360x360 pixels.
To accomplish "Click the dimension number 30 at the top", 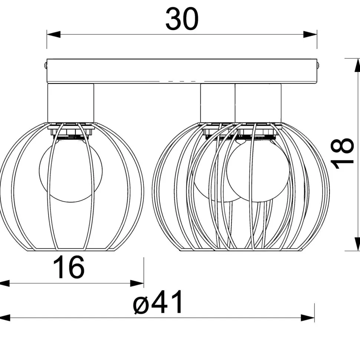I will tap(182, 19).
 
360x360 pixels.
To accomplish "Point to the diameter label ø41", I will tap(158, 304).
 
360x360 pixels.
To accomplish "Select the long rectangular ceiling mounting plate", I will tap(182, 71).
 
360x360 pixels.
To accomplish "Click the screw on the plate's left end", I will tap(45, 65).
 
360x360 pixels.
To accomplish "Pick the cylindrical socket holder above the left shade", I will tap(71, 103).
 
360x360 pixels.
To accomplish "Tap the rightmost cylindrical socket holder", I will tap(258, 103).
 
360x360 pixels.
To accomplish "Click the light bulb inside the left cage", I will tap(71, 171).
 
